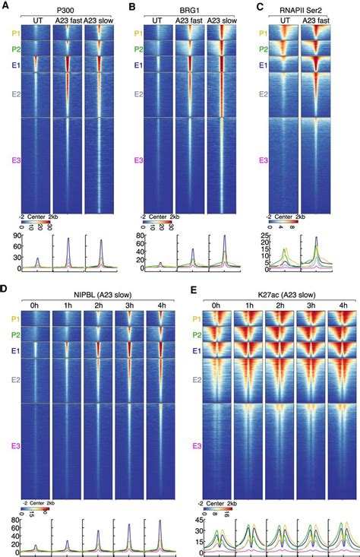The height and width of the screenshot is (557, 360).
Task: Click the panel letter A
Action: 5,7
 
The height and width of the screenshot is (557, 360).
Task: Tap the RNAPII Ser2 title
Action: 299,8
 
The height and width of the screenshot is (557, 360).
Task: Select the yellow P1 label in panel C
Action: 263,34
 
